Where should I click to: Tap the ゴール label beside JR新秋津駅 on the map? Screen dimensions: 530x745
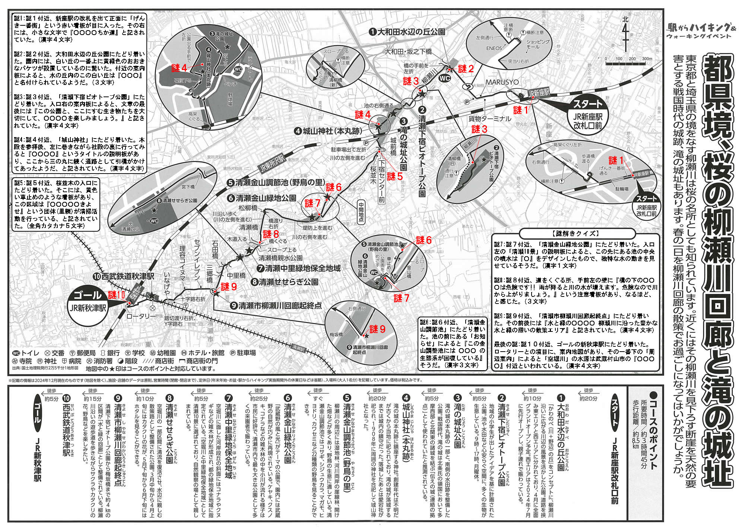88,295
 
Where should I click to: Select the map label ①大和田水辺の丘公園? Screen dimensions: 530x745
407,32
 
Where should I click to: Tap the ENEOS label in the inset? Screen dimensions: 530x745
494,48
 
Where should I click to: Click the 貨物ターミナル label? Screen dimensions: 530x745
489,119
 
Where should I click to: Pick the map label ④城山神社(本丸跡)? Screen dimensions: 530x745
327,131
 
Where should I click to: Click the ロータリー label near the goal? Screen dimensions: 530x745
141,316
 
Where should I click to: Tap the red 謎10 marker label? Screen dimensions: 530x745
117,295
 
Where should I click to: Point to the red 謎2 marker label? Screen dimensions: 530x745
466,69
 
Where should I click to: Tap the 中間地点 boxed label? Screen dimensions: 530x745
361,212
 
